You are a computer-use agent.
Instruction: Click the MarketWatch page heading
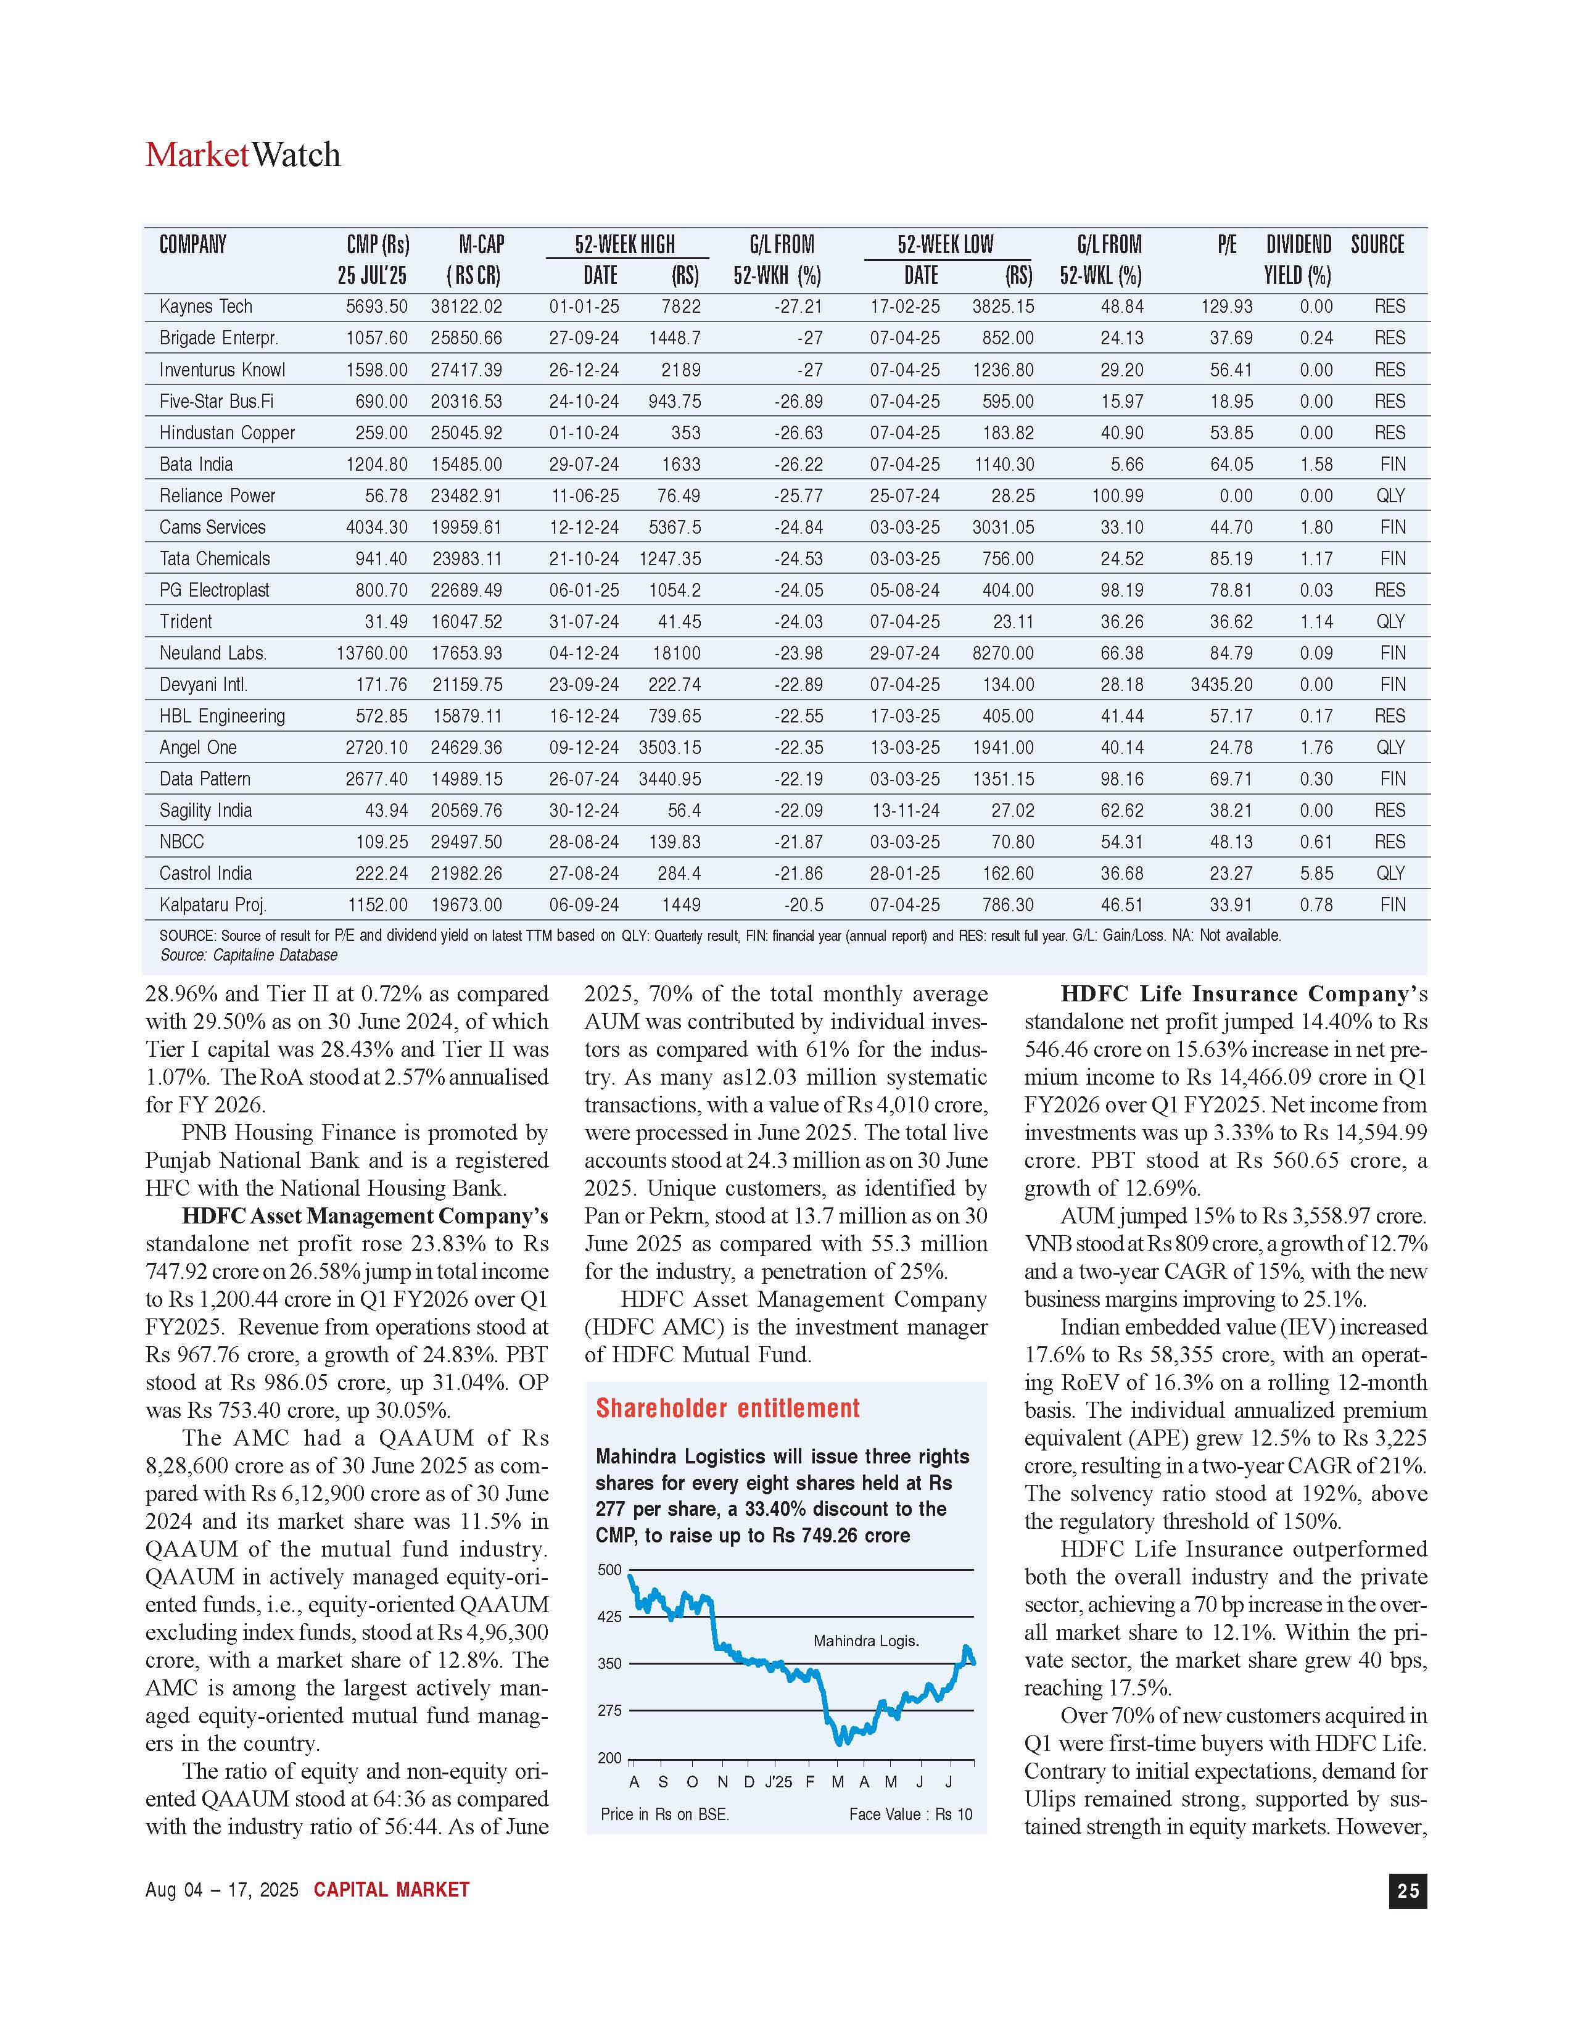[242, 155]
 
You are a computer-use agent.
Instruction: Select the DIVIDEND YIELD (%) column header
[1298, 259]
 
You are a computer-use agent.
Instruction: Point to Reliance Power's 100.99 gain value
[1117, 496]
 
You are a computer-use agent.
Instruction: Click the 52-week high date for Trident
[584, 622]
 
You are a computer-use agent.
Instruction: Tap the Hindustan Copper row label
[226, 432]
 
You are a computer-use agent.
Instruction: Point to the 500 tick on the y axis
[609, 1570]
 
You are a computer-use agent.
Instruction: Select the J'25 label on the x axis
[778, 1782]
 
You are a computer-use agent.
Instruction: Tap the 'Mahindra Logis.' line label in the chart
[865, 1641]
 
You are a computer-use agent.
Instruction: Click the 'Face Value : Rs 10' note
[910, 1814]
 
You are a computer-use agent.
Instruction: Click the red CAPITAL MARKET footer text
[391, 1890]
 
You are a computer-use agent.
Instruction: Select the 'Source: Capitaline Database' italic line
[249, 954]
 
